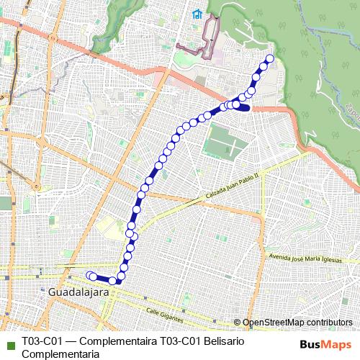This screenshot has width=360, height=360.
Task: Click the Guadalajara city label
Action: pos(78,294)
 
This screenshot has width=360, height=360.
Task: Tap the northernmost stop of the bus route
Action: pos(270,59)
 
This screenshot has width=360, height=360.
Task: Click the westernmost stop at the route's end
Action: pos(90,275)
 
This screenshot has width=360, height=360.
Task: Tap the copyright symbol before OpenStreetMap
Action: pos(238,323)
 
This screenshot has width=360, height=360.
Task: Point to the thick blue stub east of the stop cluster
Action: pos(244,108)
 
